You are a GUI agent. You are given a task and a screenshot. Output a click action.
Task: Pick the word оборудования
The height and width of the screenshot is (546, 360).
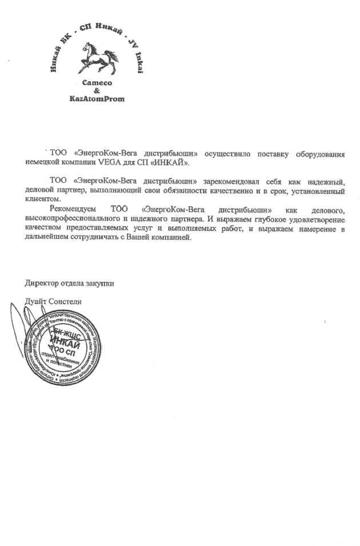tap(319, 154)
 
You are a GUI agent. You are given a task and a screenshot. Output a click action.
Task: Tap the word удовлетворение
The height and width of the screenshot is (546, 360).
tap(315, 219)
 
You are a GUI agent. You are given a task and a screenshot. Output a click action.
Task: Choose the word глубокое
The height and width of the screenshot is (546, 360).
tap(264, 219)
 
